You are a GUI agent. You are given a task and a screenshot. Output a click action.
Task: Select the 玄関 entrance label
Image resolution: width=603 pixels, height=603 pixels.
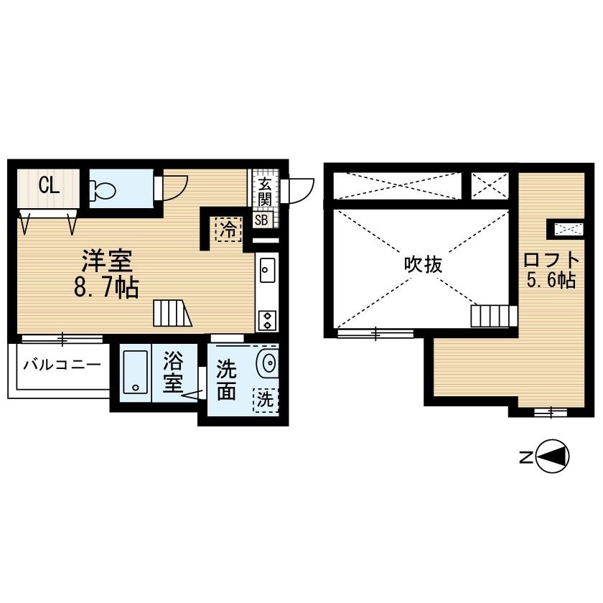(265, 192)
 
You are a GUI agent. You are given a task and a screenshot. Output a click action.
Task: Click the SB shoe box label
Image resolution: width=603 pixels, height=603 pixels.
(261, 220)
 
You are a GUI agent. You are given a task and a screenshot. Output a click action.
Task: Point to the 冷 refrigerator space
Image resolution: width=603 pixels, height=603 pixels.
(228, 230)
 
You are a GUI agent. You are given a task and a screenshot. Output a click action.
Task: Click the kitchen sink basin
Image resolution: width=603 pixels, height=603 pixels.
(267, 271)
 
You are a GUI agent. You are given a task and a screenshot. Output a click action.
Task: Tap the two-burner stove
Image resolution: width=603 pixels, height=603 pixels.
(267, 321)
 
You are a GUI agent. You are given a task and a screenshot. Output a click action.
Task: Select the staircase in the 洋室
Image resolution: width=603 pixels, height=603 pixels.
(172, 313)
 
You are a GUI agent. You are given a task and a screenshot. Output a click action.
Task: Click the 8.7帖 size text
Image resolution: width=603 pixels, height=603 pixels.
(106, 287)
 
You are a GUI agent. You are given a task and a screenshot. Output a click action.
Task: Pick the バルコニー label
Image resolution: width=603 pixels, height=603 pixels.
(62, 365)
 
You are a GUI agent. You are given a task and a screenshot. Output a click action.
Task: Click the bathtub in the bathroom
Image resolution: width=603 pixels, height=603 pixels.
(136, 372)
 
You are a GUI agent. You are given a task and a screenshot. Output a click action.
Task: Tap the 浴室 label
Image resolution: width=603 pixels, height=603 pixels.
(173, 373)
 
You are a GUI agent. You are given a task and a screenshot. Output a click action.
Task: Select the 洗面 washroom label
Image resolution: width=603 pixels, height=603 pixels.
(226, 380)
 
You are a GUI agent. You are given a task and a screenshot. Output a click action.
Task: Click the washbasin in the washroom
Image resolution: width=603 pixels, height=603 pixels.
(268, 363)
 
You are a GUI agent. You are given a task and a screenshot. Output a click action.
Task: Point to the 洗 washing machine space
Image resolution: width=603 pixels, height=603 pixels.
(266, 401)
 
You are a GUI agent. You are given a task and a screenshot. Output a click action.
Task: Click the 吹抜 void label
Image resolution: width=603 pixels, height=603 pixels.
(423, 265)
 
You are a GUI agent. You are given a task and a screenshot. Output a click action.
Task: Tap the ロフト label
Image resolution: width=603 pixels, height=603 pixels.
(551, 261)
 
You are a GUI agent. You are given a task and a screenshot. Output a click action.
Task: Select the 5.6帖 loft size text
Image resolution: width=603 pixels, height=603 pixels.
(551, 280)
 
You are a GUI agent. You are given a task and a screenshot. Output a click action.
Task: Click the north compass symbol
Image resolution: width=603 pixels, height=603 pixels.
(552, 457)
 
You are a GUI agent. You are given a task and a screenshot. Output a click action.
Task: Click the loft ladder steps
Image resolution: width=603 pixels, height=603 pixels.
(494, 316)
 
